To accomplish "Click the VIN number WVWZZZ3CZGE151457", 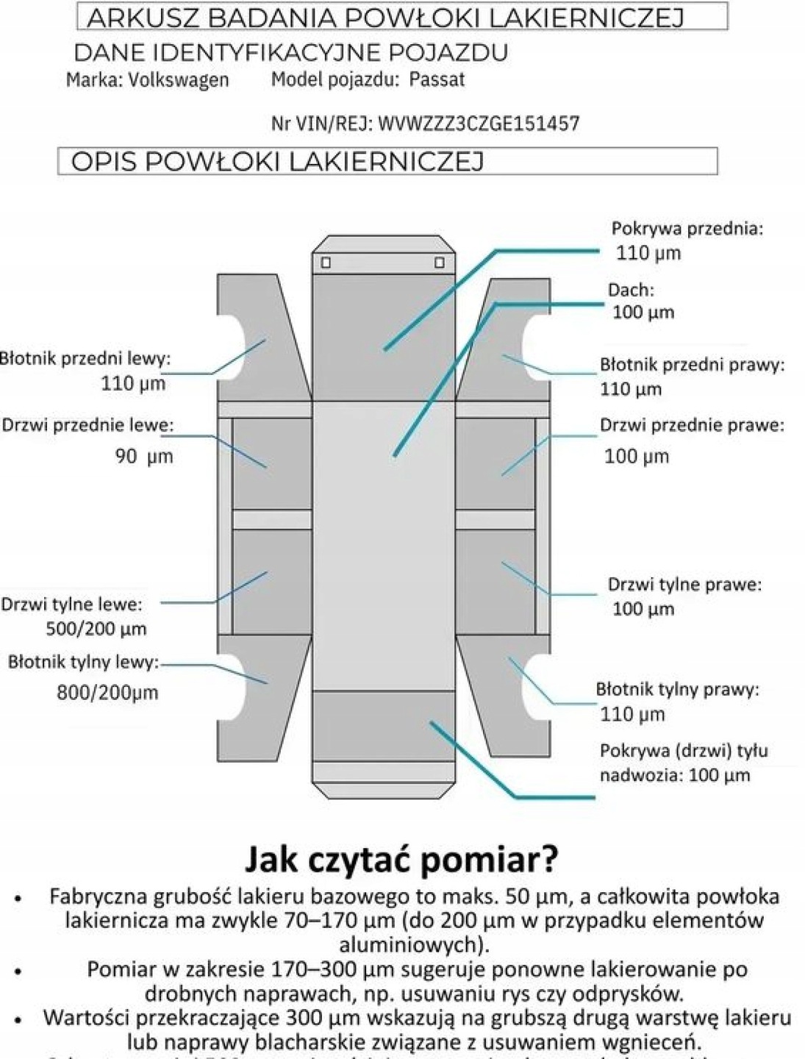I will coord(479,124).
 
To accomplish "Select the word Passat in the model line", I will coord(437,79).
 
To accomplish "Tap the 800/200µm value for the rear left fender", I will coord(107,692).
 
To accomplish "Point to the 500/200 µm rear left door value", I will coord(96,629).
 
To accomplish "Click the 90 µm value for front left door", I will coord(143,456).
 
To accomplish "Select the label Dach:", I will coord(630,290).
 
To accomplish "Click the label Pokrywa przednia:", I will coord(687,228).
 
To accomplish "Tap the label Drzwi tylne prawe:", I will coord(684,585).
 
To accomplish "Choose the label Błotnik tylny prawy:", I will coord(676,689).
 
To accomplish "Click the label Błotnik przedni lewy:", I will coord(85,359).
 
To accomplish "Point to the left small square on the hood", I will coord(326,263).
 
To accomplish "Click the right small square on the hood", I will coord(439,263).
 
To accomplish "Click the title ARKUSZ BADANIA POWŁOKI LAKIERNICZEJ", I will coord(385,18).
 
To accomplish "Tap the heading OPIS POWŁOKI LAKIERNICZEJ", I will coord(277,162).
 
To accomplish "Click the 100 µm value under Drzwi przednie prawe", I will coord(637,456).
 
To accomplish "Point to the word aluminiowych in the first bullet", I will coord(410,944).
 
